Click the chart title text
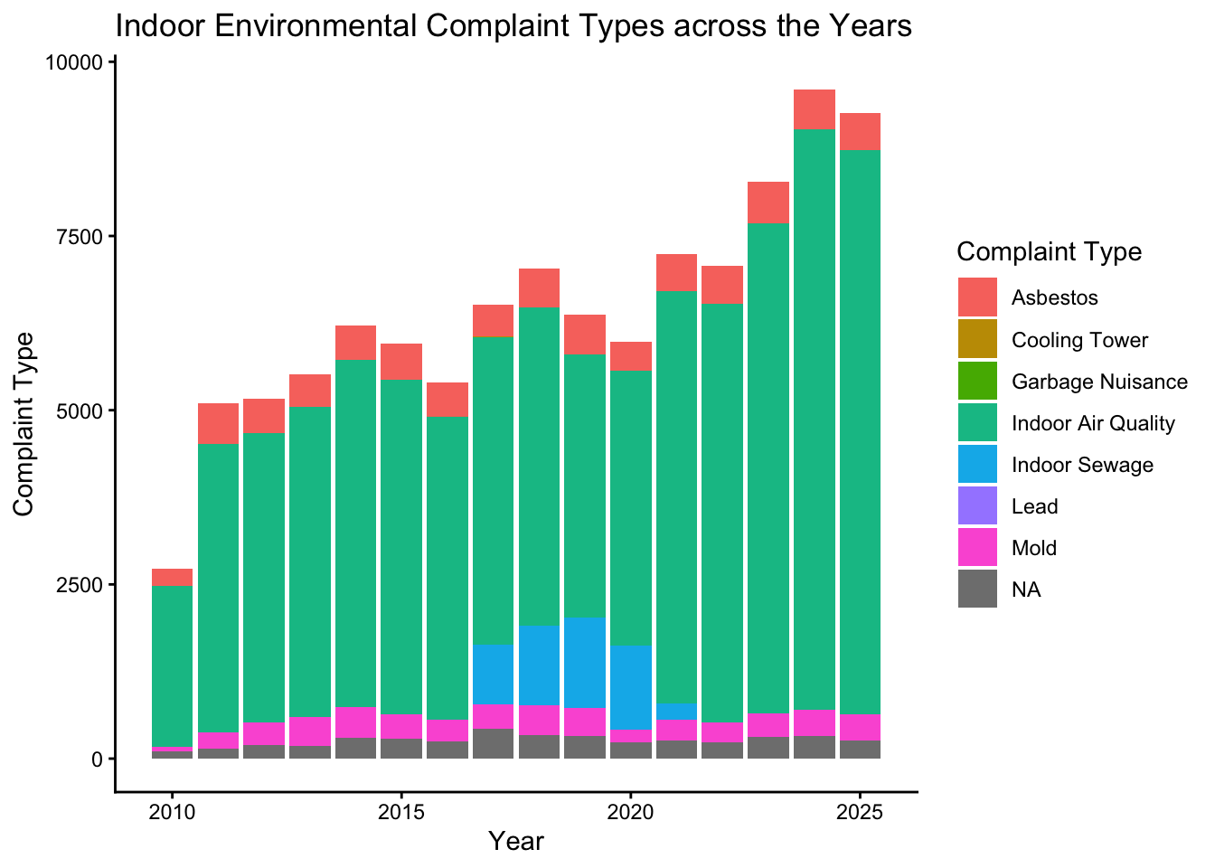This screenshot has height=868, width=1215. click(x=513, y=27)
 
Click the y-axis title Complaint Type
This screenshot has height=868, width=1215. click(x=24, y=423)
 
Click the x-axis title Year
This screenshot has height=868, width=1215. click(x=515, y=841)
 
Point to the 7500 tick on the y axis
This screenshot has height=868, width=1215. click(x=81, y=236)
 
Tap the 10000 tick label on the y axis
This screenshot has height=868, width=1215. click(x=76, y=62)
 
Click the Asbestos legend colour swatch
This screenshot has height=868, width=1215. click(x=978, y=297)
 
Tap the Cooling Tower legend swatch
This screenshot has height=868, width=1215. click(x=978, y=339)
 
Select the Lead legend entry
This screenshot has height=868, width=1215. click(x=1035, y=506)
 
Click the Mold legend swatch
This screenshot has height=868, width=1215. click(x=978, y=548)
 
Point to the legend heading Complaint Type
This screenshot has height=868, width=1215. click(x=1049, y=251)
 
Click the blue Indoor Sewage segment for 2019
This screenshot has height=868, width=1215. click(x=585, y=663)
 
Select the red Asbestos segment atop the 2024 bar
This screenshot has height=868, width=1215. click(x=814, y=109)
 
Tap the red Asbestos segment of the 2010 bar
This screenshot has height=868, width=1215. click(x=172, y=577)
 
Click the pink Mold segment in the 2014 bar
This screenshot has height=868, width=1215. click(x=355, y=722)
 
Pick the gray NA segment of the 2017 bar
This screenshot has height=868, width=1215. click(x=493, y=743)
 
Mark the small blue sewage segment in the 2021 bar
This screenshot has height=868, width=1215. click(x=676, y=711)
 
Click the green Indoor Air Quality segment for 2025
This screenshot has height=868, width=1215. click(x=860, y=425)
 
